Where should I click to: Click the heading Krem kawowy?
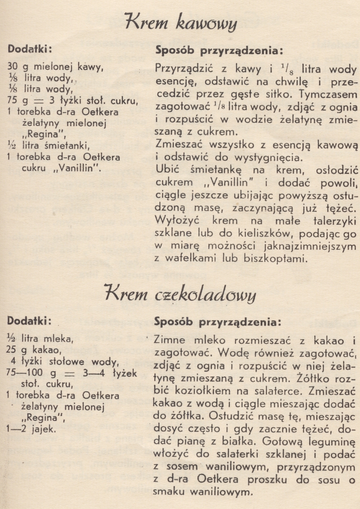(181, 24)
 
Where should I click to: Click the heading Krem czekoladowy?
(181, 294)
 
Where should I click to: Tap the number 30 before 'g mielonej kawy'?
(14, 66)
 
